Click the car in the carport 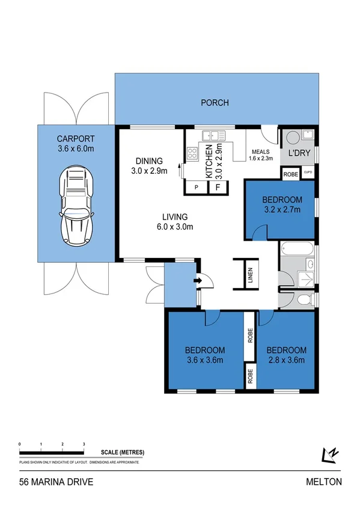coord(76,205)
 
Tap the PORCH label coord(215,103)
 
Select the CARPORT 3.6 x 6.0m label coord(76,141)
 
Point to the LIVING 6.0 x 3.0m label coord(174,221)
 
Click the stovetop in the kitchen coord(192,153)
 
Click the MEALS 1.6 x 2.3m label coord(261,155)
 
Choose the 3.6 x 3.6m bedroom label coord(204,355)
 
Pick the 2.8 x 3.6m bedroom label coord(286,355)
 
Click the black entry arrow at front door coord(198,280)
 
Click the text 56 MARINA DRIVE coord(56,482)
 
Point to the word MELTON coord(323,482)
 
